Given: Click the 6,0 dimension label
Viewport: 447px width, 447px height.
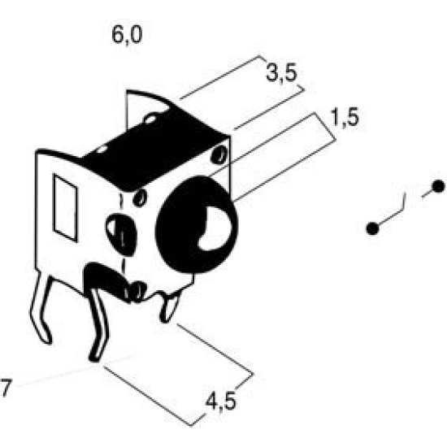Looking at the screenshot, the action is tap(127, 35).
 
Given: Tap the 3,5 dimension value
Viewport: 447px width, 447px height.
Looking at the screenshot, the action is tap(282, 73).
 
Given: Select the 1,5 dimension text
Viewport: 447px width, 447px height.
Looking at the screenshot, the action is tap(344, 118).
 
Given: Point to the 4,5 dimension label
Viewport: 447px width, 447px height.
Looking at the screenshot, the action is tap(221, 401).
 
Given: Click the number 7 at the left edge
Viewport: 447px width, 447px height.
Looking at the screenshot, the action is tap(6, 388).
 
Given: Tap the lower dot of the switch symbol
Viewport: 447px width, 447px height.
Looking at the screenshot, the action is tap(372, 228).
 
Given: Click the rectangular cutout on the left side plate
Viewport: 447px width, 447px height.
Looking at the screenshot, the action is tap(66, 208).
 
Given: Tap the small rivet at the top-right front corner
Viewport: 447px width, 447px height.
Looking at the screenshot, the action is tap(219, 154).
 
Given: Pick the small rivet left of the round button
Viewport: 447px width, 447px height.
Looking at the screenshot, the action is tap(140, 197).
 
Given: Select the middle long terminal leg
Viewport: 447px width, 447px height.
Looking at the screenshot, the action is tap(98, 325).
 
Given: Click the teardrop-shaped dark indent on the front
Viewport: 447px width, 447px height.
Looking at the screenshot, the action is tap(122, 234).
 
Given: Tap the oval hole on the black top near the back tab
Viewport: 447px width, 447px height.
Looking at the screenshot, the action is tap(150, 119).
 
